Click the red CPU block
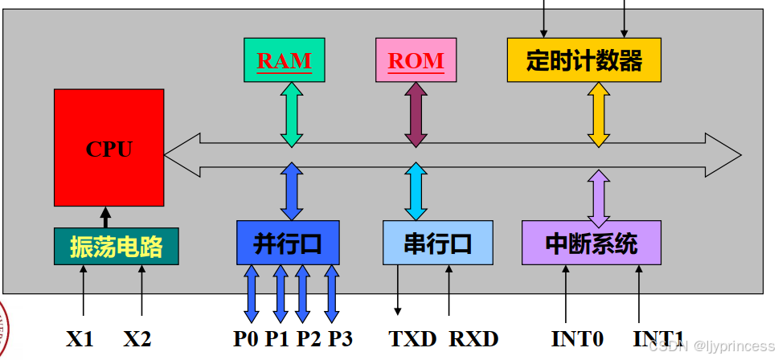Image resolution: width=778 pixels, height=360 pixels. tap(109, 148)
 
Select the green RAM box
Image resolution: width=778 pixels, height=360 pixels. tap(285, 60)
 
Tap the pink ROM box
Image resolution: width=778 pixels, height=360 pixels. tap(416, 60)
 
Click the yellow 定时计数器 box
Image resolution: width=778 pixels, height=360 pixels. tap(583, 60)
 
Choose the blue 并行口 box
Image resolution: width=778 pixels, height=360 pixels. tap(289, 243)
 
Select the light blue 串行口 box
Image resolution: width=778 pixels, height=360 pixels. tap(437, 243)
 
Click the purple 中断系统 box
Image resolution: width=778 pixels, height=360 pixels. tap(591, 243)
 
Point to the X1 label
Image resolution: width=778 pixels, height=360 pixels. tap(80, 338)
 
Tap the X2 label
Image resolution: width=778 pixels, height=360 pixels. tap(137, 338)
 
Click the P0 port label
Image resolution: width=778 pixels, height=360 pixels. tap(246, 338)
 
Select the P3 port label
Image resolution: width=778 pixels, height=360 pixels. tap(340, 338)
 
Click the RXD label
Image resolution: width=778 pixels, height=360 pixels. tap(473, 338)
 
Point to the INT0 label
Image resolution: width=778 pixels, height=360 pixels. tap(577, 338)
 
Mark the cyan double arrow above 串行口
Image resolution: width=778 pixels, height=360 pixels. tap(416, 191)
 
